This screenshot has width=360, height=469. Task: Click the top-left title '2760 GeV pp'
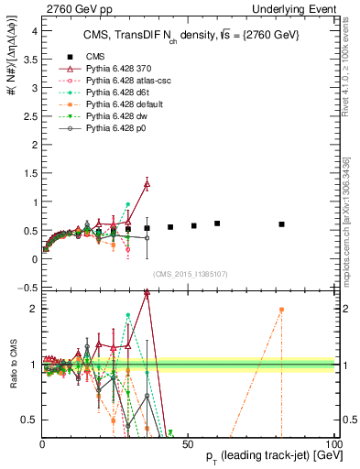pos(71,8)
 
